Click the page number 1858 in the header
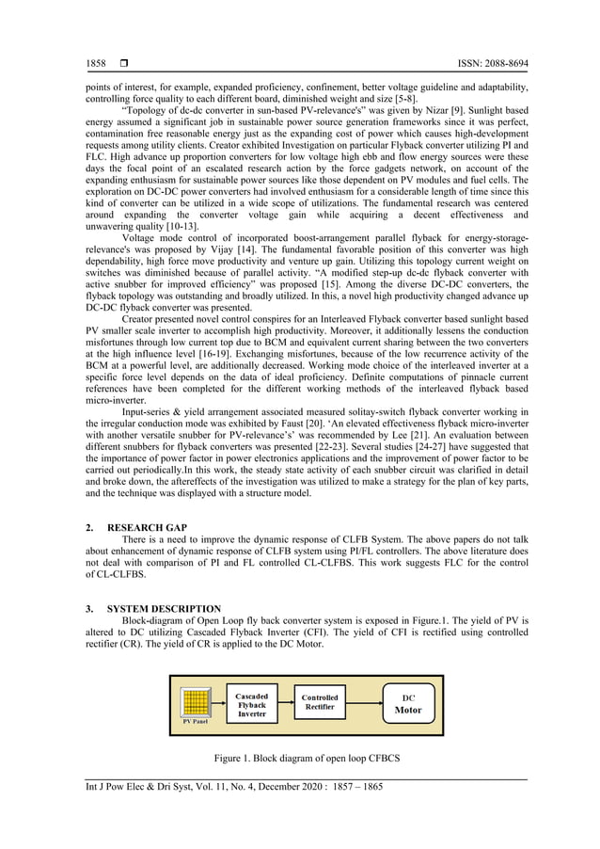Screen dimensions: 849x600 pos(95,62)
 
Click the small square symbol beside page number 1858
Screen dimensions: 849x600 pos(123,62)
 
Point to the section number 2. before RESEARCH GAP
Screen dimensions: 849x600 pos(89,529)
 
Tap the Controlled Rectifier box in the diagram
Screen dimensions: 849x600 pos(320,703)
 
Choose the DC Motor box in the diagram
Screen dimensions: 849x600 pos(408,704)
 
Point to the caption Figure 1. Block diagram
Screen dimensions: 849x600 pos(300,759)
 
